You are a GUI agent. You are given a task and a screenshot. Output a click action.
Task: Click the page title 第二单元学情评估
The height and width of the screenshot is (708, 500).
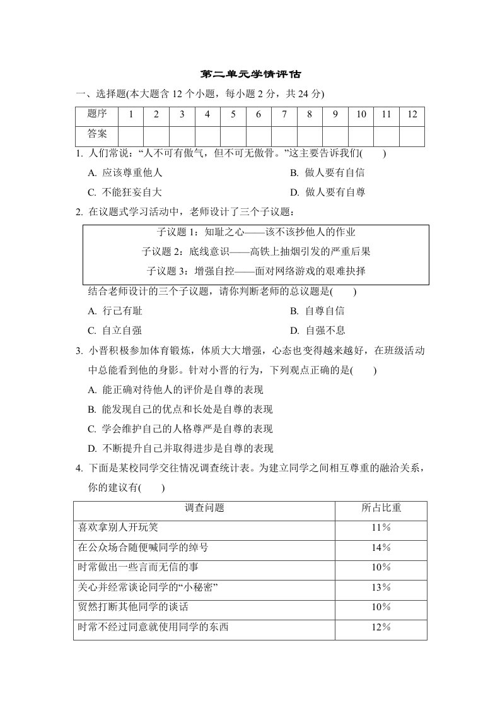(x=250, y=74)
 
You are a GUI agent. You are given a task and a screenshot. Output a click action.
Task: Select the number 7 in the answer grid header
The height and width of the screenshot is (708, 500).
(x=284, y=115)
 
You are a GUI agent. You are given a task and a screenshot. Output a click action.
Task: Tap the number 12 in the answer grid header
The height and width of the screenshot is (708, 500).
(x=412, y=115)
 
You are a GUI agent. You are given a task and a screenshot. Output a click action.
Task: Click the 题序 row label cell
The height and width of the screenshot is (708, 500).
(x=97, y=115)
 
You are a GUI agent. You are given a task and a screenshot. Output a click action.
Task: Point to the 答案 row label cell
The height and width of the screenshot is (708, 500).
(x=97, y=134)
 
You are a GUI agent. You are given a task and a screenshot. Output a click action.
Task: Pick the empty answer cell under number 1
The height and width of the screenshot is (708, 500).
(x=131, y=135)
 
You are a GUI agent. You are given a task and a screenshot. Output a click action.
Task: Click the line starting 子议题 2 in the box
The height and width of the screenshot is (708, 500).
(x=256, y=252)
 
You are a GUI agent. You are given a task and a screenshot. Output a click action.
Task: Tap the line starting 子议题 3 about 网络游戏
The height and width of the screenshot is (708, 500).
(x=256, y=271)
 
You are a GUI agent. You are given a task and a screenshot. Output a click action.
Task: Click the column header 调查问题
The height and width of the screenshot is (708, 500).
(x=205, y=507)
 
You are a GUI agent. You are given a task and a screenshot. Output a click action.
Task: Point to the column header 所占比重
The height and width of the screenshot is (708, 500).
(x=381, y=507)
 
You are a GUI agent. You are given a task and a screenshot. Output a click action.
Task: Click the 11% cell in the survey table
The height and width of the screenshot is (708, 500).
(x=381, y=527)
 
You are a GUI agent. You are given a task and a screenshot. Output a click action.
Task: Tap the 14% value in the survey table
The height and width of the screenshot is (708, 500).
(x=381, y=547)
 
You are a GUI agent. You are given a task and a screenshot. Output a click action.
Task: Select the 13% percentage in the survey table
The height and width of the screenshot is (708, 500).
(x=381, y=587)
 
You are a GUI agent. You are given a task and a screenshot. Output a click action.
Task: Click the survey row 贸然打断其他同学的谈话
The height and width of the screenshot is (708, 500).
(x=133, y=607)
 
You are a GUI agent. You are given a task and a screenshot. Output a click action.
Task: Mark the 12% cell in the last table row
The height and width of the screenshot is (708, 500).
(x=381, y=627)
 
